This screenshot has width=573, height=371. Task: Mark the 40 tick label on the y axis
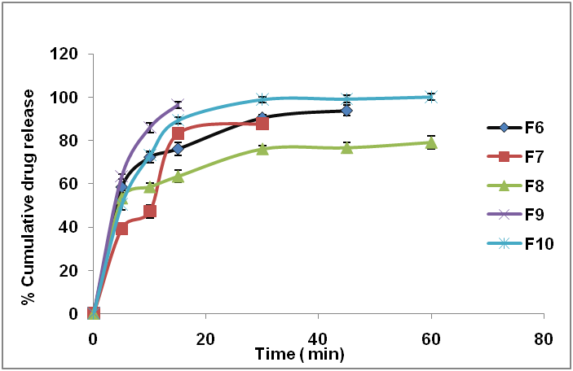coord(70,227)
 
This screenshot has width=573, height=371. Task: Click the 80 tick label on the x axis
coord(544,338)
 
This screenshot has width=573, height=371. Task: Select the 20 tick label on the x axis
coord(205,338)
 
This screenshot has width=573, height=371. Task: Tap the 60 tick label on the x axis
coord(431,338)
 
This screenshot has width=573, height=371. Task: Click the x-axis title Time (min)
coord(299,354)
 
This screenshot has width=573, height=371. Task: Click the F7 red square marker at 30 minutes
coord(262,123)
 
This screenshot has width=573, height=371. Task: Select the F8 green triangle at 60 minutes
coord(431,142)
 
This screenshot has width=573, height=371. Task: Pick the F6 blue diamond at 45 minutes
coord(346,111)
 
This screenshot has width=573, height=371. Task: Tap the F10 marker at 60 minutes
coord(431,97)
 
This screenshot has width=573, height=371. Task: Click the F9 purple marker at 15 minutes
coord(178,105)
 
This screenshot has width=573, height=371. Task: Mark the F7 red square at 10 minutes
coord(150,212)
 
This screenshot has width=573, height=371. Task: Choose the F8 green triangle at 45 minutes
coord(346,147)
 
